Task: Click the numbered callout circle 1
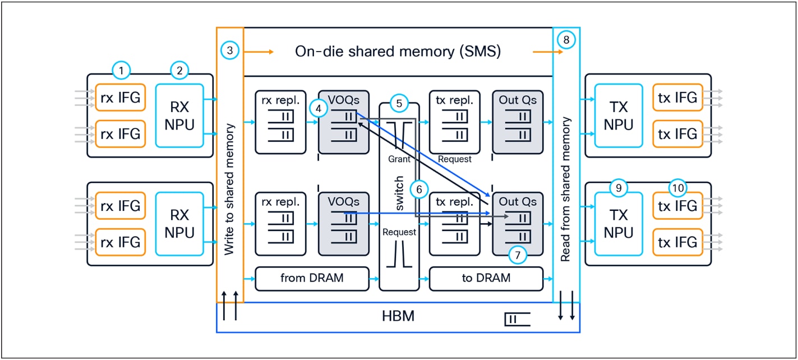click(x=121, y=71)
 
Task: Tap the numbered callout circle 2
click(x=179, y=71)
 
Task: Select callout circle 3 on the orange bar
click(x=230, y=51)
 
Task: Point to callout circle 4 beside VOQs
click(x=319, y=109)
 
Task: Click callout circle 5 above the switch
click(x=399, y=104)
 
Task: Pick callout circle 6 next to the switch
click(x=419, y=189)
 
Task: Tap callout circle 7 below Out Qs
click(x=518, y=256)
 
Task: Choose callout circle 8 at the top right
click(x=566, y=40)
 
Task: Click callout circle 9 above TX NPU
click(x=619, y=189)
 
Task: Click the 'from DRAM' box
click(x=312, y=279)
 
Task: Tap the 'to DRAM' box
click(x=486, y=279)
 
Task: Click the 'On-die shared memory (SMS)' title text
click(x=398, y=52)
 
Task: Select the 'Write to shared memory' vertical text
click(x=230, y=190)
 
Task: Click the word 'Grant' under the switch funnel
click(x=399, y=159)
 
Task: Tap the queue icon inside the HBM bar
click(x=517, y=320)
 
